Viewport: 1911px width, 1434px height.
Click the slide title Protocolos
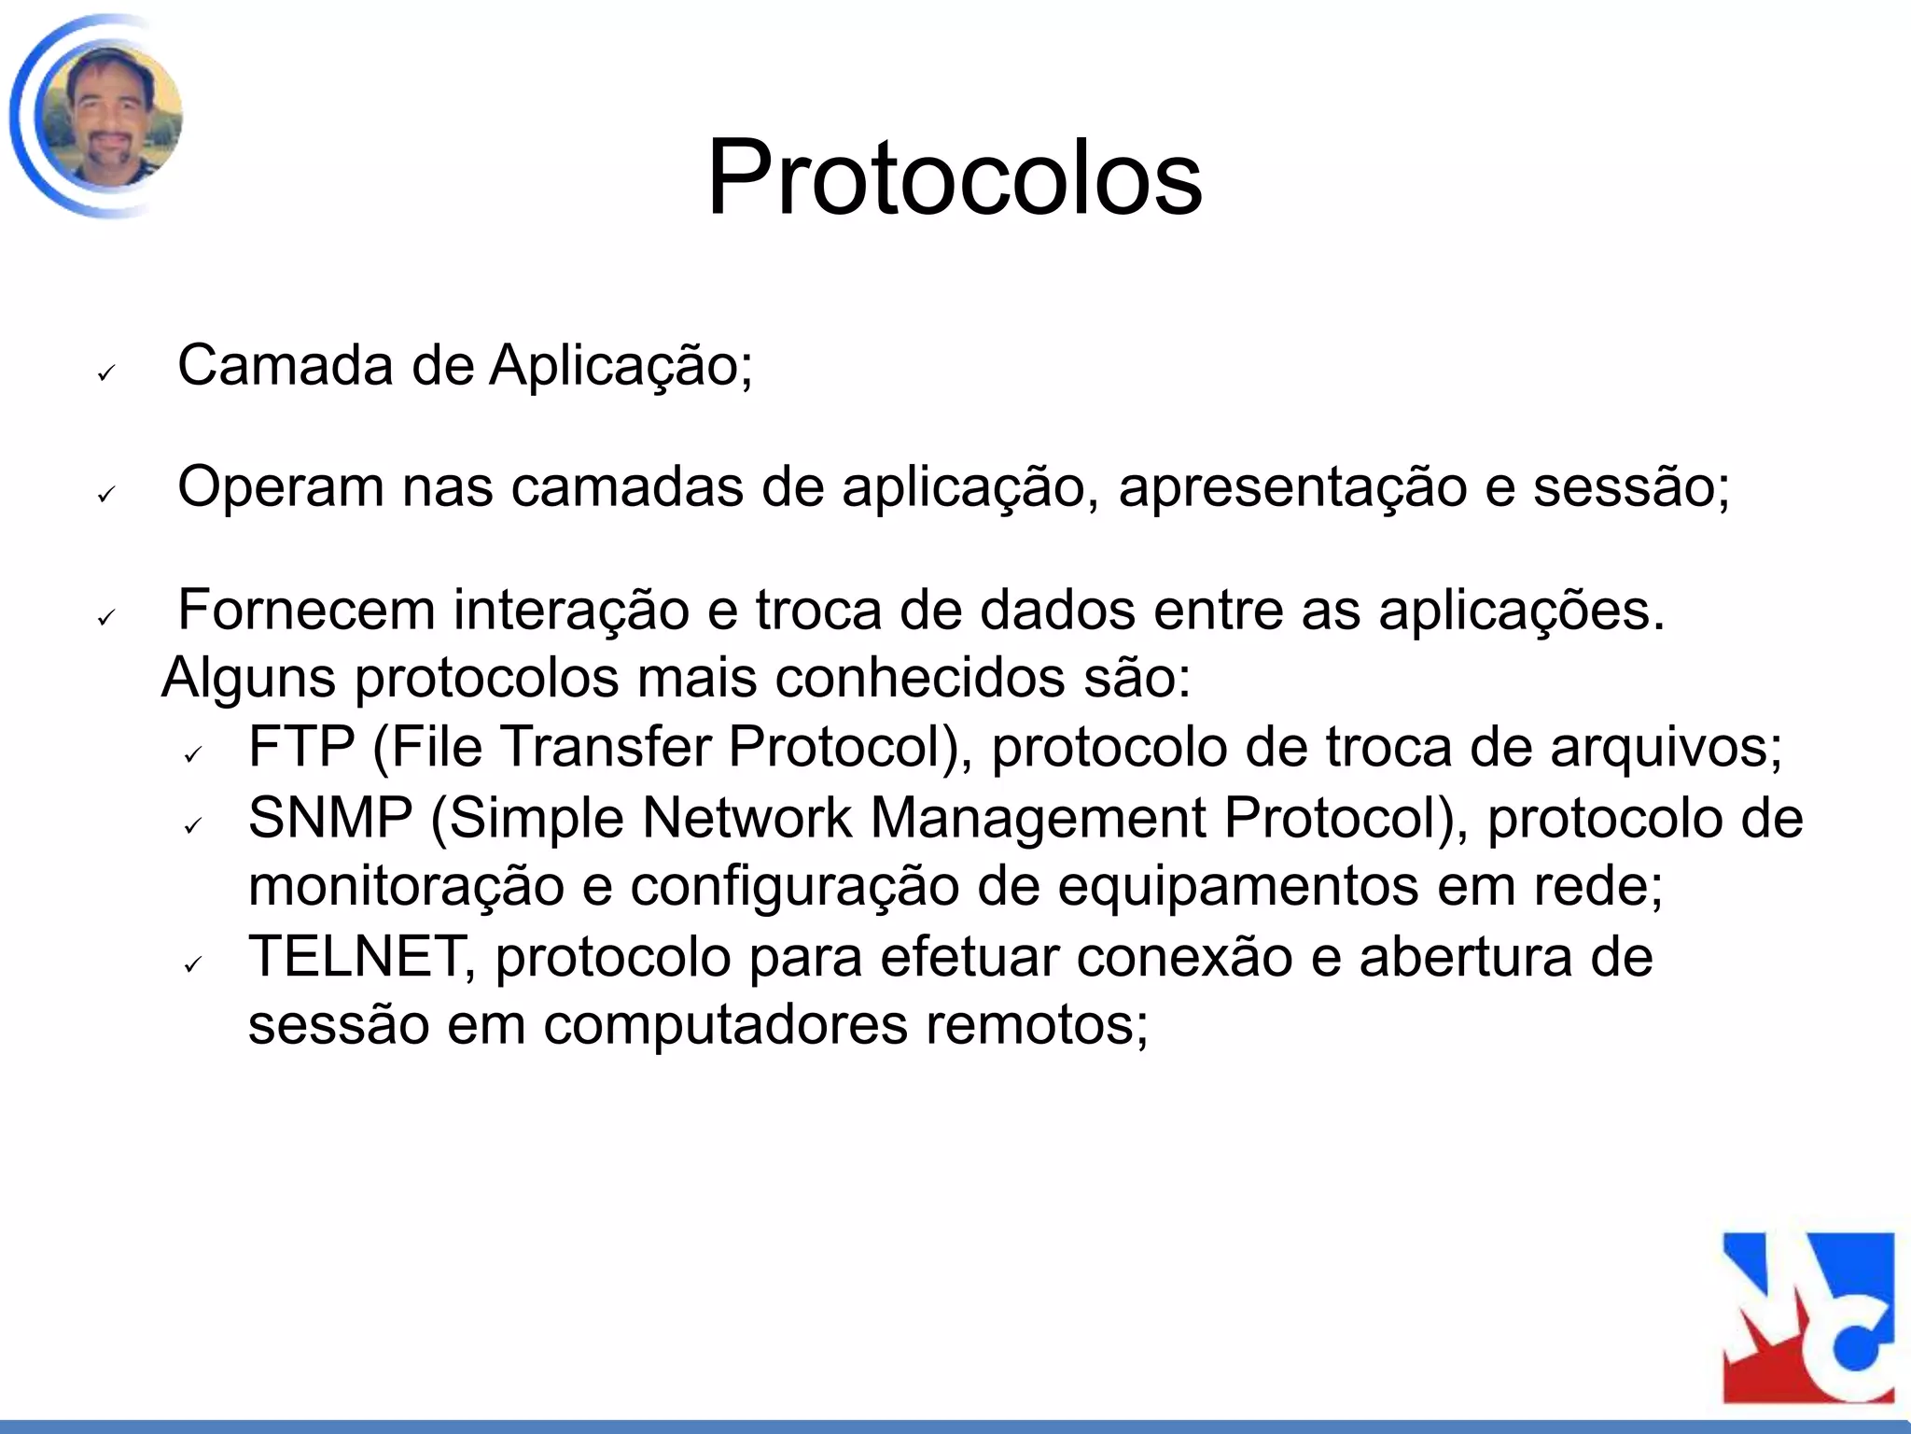tap(954, 177)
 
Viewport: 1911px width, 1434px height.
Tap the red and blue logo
tap(1807, 1317)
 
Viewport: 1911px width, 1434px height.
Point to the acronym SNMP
tap(330, 818)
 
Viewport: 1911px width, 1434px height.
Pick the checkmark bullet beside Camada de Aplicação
tap(105, 373)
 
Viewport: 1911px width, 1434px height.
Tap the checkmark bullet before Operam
tap(105, 495)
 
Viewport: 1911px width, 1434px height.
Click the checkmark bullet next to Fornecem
tap(105, 617)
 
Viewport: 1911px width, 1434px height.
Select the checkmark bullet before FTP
tap(193, 754)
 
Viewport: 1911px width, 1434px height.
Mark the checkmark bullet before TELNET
tap(193, 964)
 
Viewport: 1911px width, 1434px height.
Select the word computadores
tap(726, 1025)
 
